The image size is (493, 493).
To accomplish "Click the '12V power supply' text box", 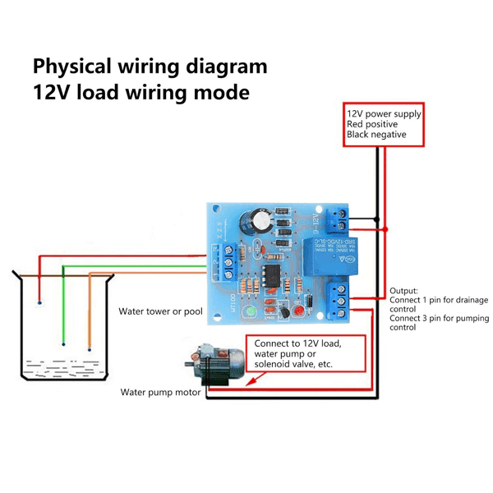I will (x=384, y=124).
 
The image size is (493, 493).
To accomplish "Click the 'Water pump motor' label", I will (x=161, y=393).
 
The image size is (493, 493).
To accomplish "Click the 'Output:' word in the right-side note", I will (x=404, y=291).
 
